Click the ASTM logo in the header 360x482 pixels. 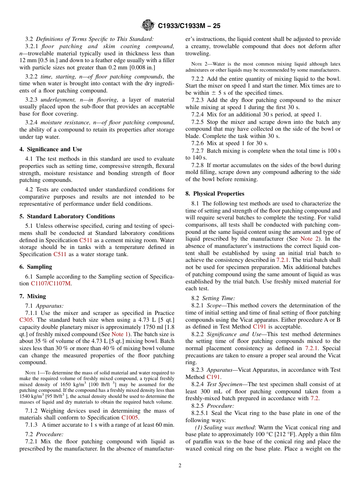click(x=148, y=25)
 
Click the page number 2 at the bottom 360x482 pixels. click(x=180, y=465)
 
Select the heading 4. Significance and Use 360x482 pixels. click(x=51, y=149)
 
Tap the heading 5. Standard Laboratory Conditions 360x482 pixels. click(x=67, y=216)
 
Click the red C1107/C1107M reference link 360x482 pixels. click(x=51, y=283)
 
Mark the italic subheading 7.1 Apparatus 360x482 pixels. click(x=44, y=306)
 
